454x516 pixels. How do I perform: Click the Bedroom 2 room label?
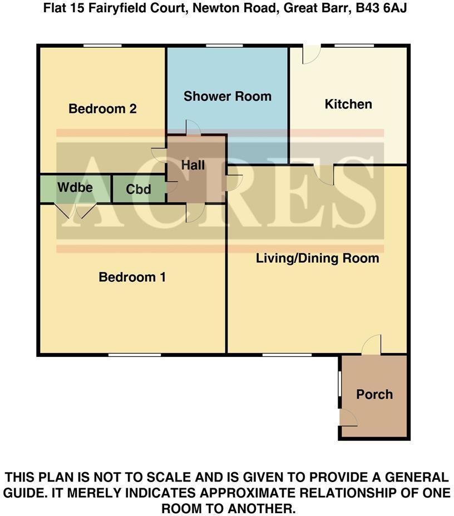click(x=102, y=109)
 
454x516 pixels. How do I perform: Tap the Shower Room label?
click(x=228, y=96)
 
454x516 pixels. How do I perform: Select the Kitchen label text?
click(x=348, y=104)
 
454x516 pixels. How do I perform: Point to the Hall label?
click(x=193, y=165)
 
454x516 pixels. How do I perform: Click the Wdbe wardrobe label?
click(x=75, y=187)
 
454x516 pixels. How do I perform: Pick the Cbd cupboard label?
click(x=139, y=190)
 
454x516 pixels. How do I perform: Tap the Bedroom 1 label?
click(x=132, y=277)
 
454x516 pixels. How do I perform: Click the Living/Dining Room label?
click(x=317, y=258)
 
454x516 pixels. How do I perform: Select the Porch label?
click(x=374, y=394)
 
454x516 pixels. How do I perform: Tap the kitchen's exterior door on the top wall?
click(x=311, y=54)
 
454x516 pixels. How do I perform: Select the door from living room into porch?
click(x=372, y=345)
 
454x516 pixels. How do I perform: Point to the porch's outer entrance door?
click(x=348, y=417)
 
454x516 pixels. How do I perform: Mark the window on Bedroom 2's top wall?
click(x=102, y=46)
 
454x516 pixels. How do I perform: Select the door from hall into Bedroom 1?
click(x=195, y=212)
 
